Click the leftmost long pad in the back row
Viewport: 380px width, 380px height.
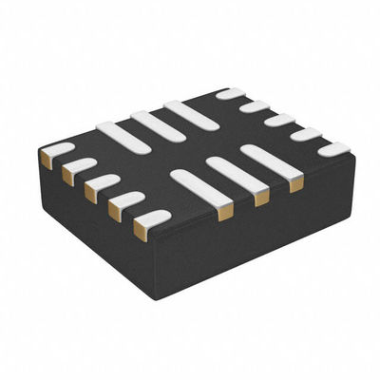(123, 139)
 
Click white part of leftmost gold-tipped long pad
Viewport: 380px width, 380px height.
(197, 186)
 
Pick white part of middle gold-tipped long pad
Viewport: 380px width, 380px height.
(233, 173)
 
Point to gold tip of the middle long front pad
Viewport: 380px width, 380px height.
(261, 197)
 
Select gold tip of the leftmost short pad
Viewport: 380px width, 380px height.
(46, 160)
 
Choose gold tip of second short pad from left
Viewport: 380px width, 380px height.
(67, 175)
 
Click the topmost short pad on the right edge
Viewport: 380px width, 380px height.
(230, 93)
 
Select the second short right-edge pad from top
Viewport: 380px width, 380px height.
(255, 106)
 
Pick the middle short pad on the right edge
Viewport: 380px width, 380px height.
(279, 120)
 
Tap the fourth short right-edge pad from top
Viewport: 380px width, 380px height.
(305, 134)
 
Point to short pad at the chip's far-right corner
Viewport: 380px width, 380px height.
(333, 149)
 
